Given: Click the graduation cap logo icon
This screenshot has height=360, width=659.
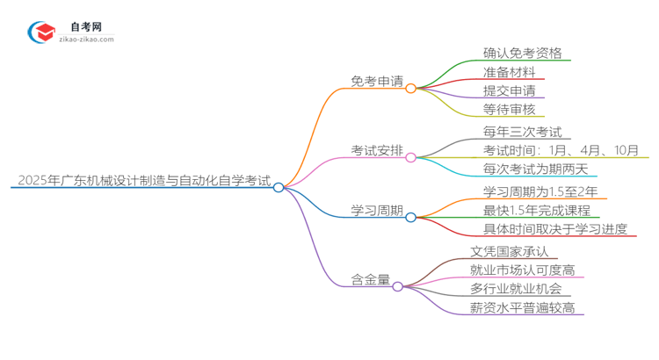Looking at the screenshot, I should tap(42, 31).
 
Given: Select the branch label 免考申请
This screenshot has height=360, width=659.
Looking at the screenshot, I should tap(377, 81).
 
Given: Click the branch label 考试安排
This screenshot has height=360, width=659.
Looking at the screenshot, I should tap(377, 151).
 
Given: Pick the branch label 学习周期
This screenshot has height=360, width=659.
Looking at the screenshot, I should tap(377, 211).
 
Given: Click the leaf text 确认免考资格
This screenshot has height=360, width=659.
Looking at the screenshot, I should tap(522, 53).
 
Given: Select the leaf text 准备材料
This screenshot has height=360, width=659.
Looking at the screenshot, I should tap(509, 72).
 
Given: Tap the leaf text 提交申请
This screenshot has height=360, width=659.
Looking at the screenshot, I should tap(509, 90).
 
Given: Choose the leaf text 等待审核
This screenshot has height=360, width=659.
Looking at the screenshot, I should tap(509, 109).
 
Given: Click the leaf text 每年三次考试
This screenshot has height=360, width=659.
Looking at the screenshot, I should tap(522, 133).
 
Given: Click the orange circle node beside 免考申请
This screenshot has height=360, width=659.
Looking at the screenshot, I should tap(410, 88).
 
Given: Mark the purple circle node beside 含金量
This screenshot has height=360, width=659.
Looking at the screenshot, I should tap(397, 286).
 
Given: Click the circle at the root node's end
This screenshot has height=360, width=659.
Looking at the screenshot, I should tap(279, 187).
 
